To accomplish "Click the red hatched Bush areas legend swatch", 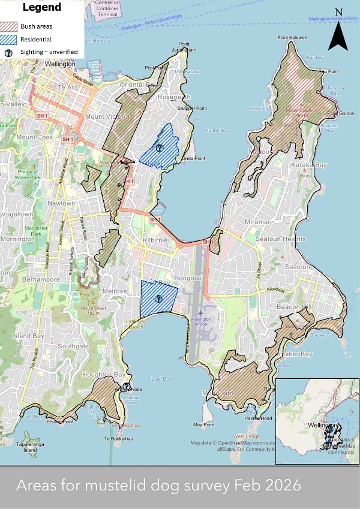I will (10, 26).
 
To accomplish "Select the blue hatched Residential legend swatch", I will (10, 39).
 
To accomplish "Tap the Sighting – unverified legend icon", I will (10, 52).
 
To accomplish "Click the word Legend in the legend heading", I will (41, 8).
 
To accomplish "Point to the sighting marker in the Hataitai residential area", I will (158, 147).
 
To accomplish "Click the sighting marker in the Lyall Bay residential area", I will (158, 297).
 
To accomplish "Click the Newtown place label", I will (62, 203).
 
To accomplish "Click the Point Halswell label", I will (292, 38).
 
